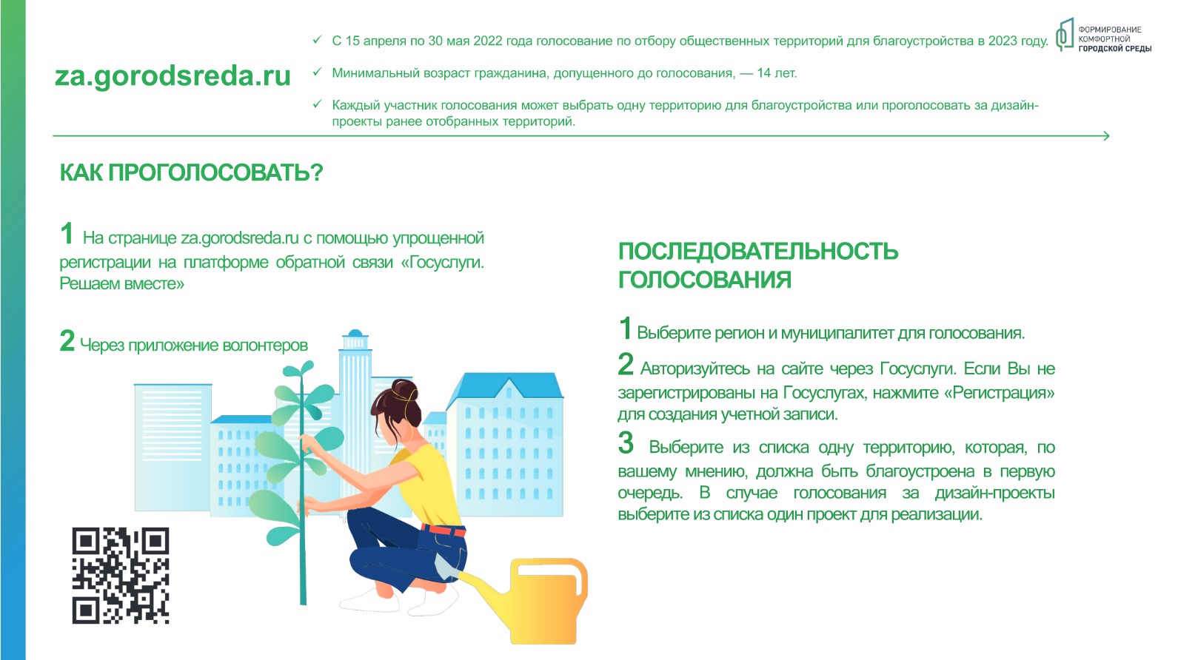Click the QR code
[x=121, y=576]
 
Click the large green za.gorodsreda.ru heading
[x=173, y=75]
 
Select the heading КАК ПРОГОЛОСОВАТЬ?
[x=191, y=172]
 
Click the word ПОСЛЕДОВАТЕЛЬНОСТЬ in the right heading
[x=757, y=251]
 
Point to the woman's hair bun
[x=406, y=391]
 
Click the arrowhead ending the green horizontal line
[x=1106, y=136]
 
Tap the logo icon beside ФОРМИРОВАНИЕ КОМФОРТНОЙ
[x=1065, y=35]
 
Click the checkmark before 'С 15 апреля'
[x=317, y=39]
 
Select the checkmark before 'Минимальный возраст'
[x=317, y=72]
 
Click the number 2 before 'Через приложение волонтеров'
[x=67, y=340]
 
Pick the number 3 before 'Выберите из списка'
[x=626, y=442]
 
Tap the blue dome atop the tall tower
[x=355, y=333]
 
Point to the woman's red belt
[x=444, y=530]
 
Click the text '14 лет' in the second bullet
[x=776, y=73]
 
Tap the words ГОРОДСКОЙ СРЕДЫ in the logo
[x=1115, y=49]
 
